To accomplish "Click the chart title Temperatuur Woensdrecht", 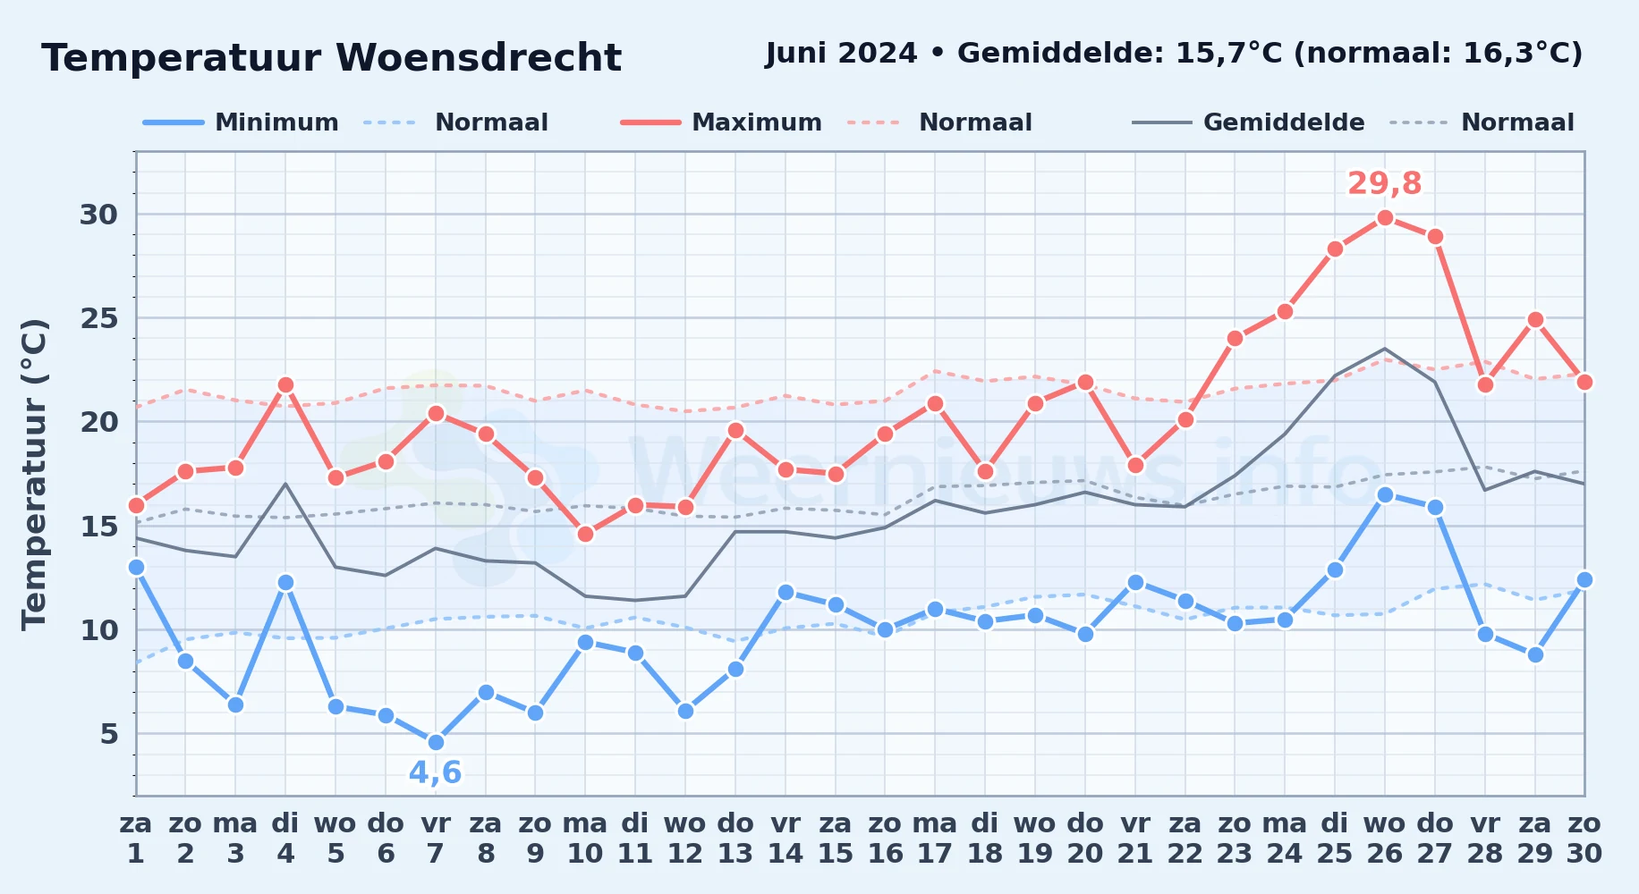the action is (x=331, y=58).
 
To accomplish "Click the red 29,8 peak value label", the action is (x=1384, y=183).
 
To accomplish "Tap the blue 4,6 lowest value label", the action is (x=436, y=772).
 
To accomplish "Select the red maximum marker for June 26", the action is (x=1385, y=217).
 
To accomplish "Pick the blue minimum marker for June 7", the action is (x=436, y=742).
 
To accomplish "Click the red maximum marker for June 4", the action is (x=285, y=384).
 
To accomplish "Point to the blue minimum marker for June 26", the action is (x=1385, y=494).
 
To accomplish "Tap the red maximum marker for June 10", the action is (x=585, y=534).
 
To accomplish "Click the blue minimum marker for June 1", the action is (x=136, y=567).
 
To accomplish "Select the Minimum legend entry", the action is (x=241, y=122).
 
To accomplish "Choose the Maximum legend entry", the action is (x=721, y=122).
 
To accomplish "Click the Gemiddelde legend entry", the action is (x=1248, y=122).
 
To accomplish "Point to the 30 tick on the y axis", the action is (x=98, y=215).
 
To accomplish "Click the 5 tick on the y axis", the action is (x=108, y=734).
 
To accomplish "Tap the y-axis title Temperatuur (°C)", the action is (x=34, y=474).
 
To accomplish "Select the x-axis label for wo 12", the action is (x=685, y=839).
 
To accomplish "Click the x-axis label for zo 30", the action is (x=1584, y=839).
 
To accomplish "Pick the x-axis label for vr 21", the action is (x=1135, y=839).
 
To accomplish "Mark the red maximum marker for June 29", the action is (x=1535, y=319).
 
